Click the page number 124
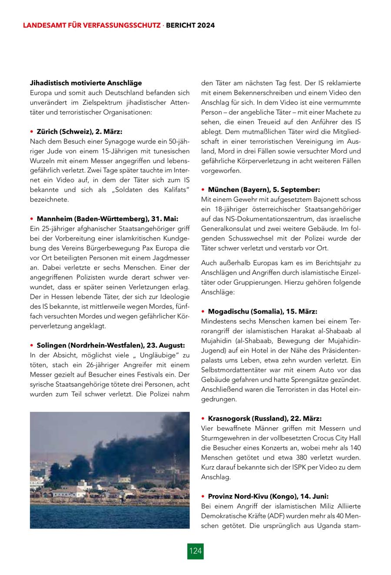pos(195,551)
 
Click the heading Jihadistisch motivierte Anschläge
pos(86,83)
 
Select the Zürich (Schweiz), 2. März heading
pos(80,132)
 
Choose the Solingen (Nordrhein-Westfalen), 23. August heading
pos(111,345)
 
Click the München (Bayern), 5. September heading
pos(264,190)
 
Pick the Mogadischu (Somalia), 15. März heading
pos(262,311)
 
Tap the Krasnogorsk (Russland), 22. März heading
pos(265,419)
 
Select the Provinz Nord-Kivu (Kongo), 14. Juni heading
pos(268,496)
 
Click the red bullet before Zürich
pos(32,132)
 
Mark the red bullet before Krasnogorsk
pos(203,419)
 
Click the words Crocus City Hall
pos(338,438)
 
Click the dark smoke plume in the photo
pos(130,439)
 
